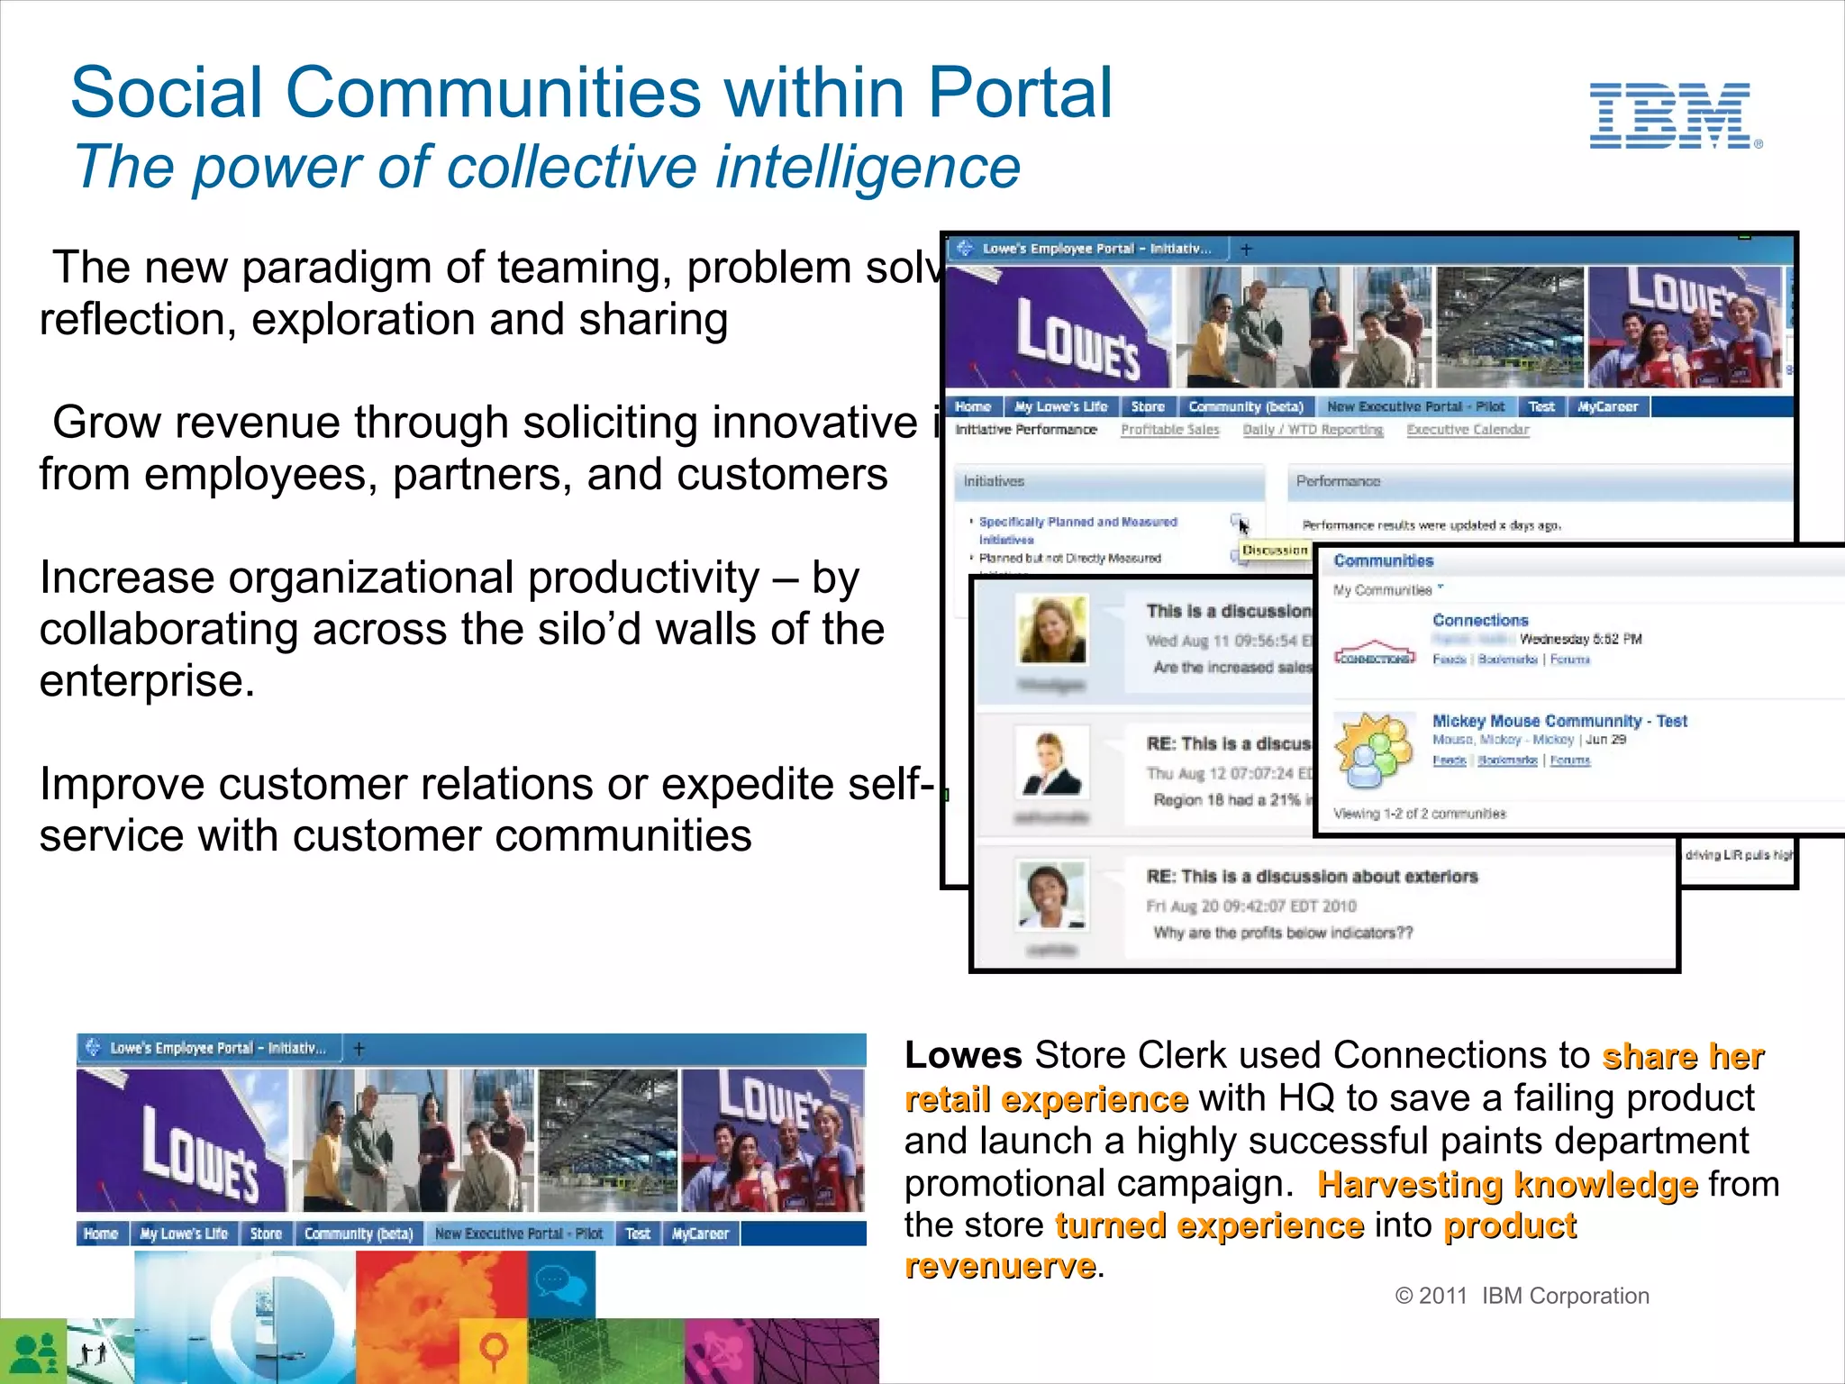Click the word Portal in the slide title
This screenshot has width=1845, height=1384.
(x=1020, y=93)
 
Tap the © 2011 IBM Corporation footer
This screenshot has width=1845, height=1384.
(x=1522, y=1296)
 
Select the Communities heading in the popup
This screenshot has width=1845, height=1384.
(x=1383, y=561)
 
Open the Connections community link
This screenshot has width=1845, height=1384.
(x=1480, y=621)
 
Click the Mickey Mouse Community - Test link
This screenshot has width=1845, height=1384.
(x=1559, y=721)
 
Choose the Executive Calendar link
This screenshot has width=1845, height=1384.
(x=1468, y=430)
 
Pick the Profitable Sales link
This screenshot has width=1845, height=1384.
(x=1169, y=430)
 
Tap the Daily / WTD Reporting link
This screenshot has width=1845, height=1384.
(x=1313, y=430)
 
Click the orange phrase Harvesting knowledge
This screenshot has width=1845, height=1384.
(x=1507, y=1184)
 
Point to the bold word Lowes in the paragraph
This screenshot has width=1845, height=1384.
(x=963, y=1055)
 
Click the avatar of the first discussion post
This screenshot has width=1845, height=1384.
(x=1052, y=628)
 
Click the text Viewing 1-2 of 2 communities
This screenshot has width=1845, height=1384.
(x=1419, y=814)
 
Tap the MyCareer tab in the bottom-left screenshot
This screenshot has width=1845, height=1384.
(x=700, y=1234)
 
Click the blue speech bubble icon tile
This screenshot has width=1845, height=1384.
(x=560, y=1283)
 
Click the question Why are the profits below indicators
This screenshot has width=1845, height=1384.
(x=1283, y=933)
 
